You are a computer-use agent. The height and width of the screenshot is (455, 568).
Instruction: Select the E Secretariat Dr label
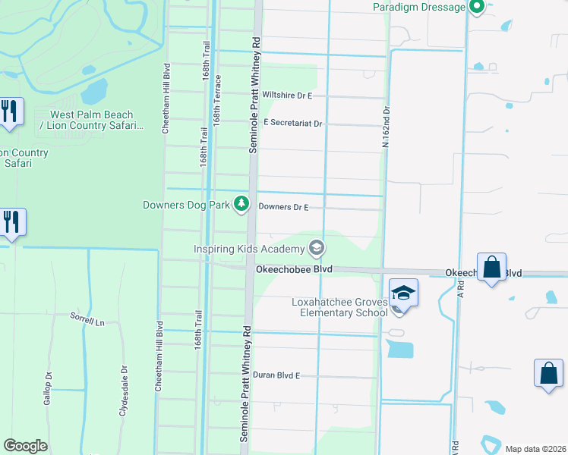(293, 123)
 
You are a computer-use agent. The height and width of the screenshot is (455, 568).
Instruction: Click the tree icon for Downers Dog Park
(241, 203)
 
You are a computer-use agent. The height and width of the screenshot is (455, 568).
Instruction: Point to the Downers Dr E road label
(283, 206)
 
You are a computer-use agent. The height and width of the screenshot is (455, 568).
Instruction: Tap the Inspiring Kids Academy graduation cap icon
(316, 248)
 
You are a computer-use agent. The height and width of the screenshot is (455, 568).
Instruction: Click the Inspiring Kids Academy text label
(248, 249)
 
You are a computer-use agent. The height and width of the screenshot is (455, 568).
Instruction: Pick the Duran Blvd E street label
(277, 375)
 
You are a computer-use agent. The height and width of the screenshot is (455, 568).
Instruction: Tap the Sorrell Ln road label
(87, 320)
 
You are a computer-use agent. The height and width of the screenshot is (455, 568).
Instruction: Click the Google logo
(25, 446)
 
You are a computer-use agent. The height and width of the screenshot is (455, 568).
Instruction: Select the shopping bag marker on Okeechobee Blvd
(492, 268)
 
